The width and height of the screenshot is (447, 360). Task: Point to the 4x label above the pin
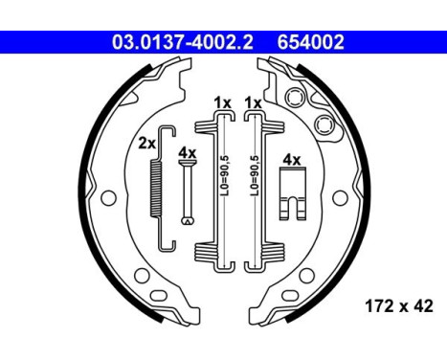[188, 153]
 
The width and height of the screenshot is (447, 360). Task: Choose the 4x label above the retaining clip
[290, 160]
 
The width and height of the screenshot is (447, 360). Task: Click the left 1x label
[222, 101]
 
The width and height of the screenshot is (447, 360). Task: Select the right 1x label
[254, 101]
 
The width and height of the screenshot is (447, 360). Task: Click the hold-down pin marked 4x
[188, 191]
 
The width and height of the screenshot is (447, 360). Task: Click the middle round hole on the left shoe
[108, 198]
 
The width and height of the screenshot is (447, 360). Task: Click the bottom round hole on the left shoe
[144, 281]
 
